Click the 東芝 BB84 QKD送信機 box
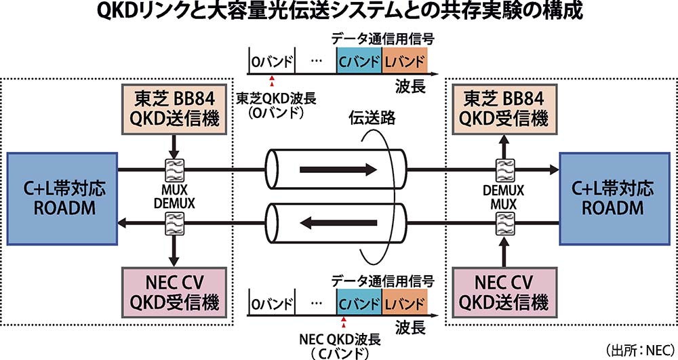point(175,109)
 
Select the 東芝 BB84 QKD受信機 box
point(504,109)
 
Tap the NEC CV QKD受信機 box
point(175,293)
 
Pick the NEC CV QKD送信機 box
point(504,293)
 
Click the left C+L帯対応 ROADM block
point(62,199)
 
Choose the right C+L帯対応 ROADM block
point(615,199)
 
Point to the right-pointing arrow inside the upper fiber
point(338,169)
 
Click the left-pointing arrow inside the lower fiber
point(338,224)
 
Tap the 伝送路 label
point(372,118)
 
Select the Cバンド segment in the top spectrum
point(359,60)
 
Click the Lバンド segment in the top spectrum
point(404,60)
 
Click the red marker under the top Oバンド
point(272,81)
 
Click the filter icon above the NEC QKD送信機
point(504,224)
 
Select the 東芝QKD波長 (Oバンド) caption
point(277,106)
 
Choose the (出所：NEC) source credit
point(641,349)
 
